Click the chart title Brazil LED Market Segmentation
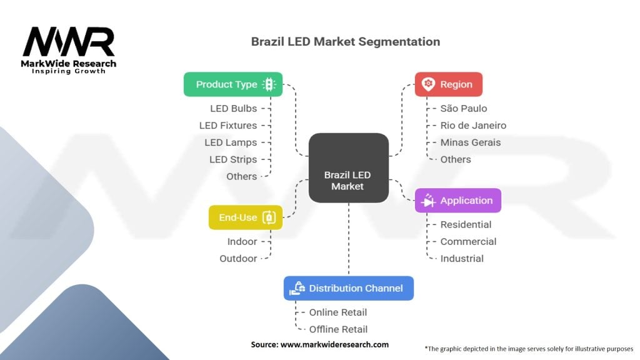[345, 42]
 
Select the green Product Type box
[233, 84]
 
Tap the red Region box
[449, 84]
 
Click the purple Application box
[458, 201]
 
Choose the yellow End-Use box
[246, 217]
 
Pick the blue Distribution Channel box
[349, 288]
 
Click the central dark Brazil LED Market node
[349, 167]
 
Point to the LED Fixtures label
[228, 126]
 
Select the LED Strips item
[233, 159]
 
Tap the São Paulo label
[464, 109]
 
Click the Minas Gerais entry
[471, 142]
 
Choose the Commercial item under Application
[468, 242]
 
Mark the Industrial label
[462, 259]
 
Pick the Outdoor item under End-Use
[238, 259]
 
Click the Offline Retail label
[338, 329]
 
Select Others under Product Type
[242, 177]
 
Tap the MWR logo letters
[69, 42]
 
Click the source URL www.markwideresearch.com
[335, 344]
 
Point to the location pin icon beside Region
[428, 84]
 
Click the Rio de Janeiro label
[474, 126]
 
